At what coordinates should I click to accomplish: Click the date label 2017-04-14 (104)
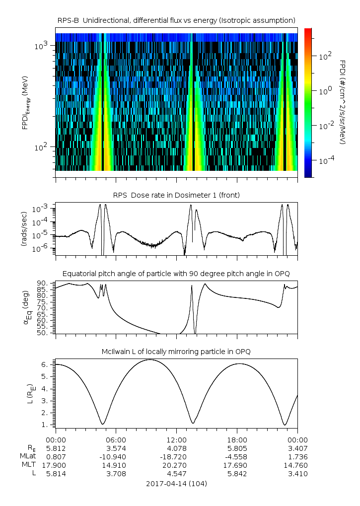coord(176,483)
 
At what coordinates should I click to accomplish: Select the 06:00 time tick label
coord(116,439)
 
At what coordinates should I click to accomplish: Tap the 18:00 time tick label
coord(237,439)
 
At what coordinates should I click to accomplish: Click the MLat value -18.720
coord(176,456)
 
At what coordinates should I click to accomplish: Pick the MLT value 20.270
coord(176,465)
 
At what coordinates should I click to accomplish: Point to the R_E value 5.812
coord(56,448)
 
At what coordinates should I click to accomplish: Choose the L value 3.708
coord(116,474)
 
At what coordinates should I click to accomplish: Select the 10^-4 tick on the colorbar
coord(325,161)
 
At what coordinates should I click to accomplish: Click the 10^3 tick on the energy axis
coord(41,46)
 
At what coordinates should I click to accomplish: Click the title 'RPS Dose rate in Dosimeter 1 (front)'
coord(176,195)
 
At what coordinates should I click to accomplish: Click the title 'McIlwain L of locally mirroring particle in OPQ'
coord(176,352)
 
